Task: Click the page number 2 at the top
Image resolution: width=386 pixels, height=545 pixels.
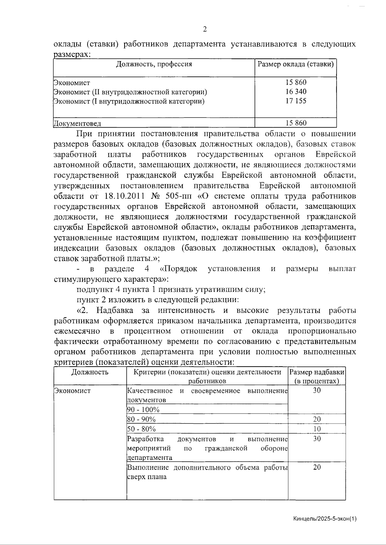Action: pyautogui.click(x=205, y=30)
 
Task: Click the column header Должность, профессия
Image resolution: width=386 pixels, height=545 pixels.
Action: pyautogui.click(x=154, y=64)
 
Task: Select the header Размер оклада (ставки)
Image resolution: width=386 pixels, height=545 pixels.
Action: pyautogui.click(x=296, y=64)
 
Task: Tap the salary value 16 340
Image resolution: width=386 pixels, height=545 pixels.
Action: pyautogui.click(x=296, y=92)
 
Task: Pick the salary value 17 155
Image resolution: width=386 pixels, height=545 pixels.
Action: pyautogui.click(x=296, y=101)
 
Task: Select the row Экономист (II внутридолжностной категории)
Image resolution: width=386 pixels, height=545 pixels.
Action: pyautogui.click(x=130, y=92)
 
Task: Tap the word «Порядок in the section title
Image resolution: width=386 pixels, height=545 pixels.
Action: pyautogui.click(x=179, y=269)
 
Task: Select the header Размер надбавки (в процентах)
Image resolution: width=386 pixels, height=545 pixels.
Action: pyautogui.click(x=317, y=377)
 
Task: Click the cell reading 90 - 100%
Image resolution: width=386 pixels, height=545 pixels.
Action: pyautogui.click(x=143, y=410)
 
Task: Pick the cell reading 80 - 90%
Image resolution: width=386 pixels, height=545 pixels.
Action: pyautogui.click(x=142, y=419)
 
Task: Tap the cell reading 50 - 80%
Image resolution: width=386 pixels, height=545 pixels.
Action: pyautogui.click(x=142, y=429)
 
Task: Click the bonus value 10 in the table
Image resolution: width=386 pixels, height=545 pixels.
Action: pyautogui.click(x=317, y=429)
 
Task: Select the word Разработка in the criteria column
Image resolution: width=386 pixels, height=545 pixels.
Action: pyautogui.click(x=145, y=439)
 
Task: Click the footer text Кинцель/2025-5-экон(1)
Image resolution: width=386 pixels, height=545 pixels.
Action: pyautogui.click(x=325, y=519)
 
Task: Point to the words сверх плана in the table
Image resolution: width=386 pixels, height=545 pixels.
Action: pyautogui.click(x=147, y=477)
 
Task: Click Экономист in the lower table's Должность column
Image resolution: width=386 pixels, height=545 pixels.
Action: pyautogui.click(x=72, y=391)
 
